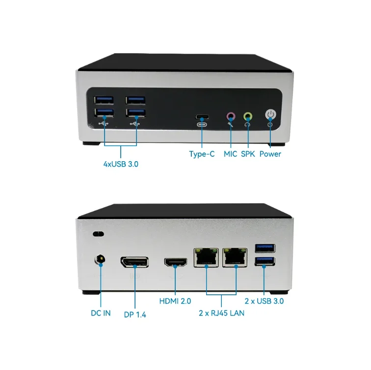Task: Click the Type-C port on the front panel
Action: [202, 117]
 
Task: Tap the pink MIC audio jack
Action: [231, 116]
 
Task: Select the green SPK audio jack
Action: [248, 116]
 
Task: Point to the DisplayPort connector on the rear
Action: [134, 262]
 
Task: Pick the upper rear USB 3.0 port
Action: [265, 248]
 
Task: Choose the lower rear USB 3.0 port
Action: [265, 261]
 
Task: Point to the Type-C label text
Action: [202, 154]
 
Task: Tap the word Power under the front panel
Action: [270, 154]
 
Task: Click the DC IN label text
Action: [100, 313]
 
